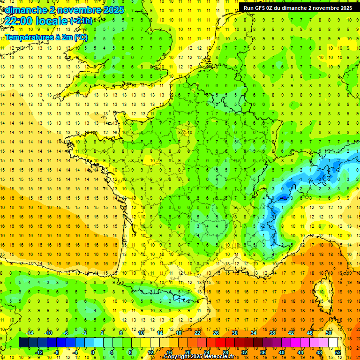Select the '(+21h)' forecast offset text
point(81,21)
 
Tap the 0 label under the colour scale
point(93,352)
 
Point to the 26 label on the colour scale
point(216,332)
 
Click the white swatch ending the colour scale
point(333,343)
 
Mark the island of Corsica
point(322,291)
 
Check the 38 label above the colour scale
point(272,332)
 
